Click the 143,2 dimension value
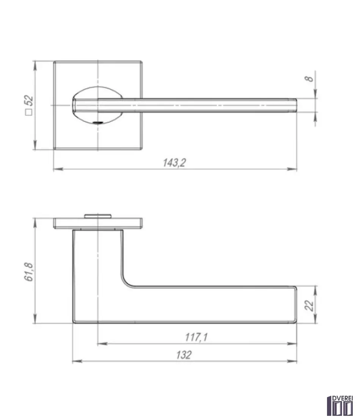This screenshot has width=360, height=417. coord(174,162)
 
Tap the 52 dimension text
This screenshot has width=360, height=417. coord(29,100)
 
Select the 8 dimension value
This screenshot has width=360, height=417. coord(309,79)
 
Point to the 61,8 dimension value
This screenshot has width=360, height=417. coord(29,272)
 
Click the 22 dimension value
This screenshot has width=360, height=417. coord(309,305)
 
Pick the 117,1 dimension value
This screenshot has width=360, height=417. coord(196,337)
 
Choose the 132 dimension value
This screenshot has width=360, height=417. coord(184,355)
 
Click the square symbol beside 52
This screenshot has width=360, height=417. coord(29,112)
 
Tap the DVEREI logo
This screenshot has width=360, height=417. coord(340,406)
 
